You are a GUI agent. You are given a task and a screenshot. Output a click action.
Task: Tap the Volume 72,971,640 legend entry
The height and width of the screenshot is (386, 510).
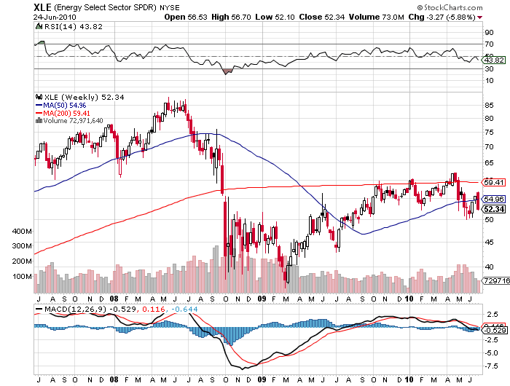click(71, 121)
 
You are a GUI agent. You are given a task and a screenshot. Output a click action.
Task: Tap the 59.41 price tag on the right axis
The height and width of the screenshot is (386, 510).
click(494, 182)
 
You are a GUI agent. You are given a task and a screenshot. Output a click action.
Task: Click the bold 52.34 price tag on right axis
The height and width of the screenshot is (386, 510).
click(494, 209)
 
